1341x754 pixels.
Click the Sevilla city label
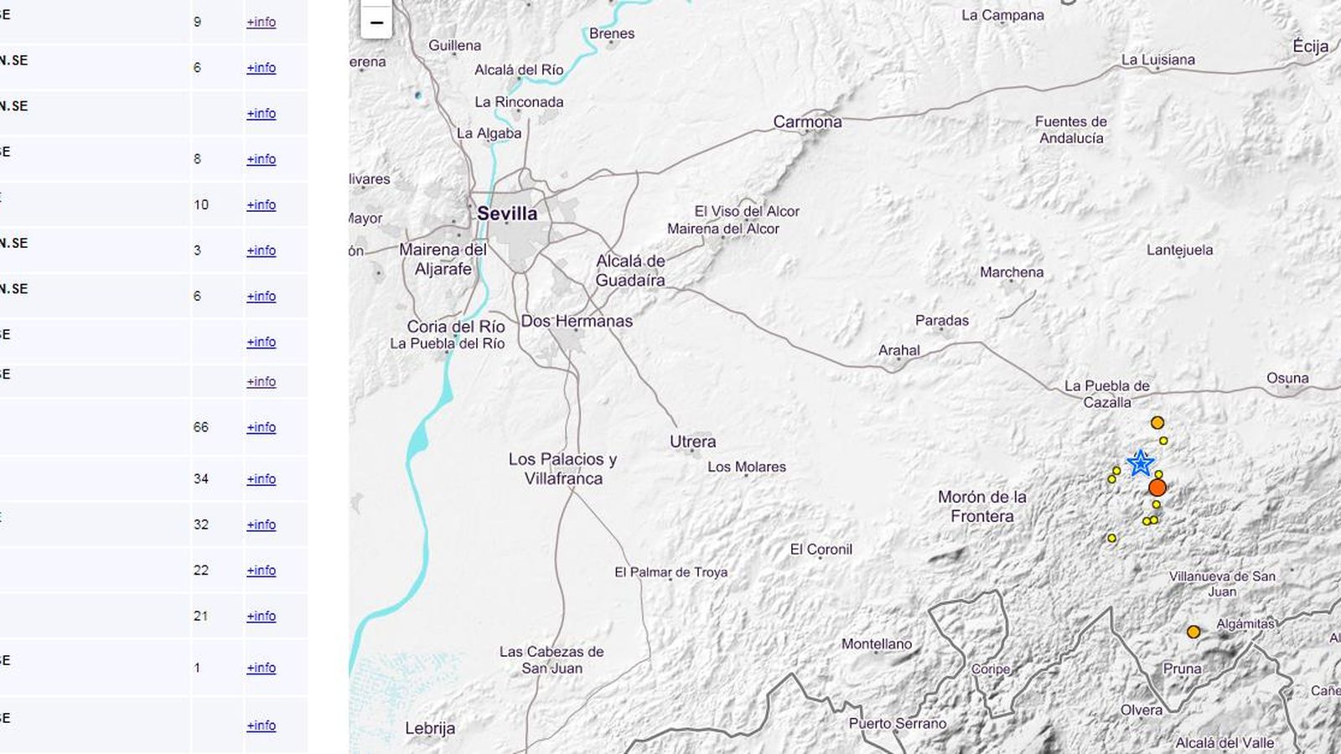pyautogui.click(x=507, y=214)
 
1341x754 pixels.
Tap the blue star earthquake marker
pyautogui.click(x=1140, y=462)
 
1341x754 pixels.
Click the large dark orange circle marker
pyautogui.click(x=1157, y=488)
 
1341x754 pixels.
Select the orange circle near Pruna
pyautogui.click(x=1193, y=632)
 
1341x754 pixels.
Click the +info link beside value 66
pyautogui.click(x=261, y=427)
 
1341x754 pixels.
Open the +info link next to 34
pyautogui.click(x=261, y=479)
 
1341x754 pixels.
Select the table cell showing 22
pyautogui.click(x=200, y=571)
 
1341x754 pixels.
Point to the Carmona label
pyautogui.click(x=807, y=122)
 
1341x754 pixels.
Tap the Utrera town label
pyautogui.click(x=692, y=442)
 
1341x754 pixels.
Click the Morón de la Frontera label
pyautogui.click(x=981, y=506)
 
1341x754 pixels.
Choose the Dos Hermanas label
pyautogui.click(x=577, y=321)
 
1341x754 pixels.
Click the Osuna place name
pyautogui.click(x=1287, y=379)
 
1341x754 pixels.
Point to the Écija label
pyautogui.click(x=1310, y=47)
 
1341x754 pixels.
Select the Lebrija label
pyautogui.click(x=430, y=728)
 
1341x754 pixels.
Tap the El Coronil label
pyautogui.click(x=821, y=550)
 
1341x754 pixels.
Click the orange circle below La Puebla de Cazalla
pyautogui.click(x=1157, y=423)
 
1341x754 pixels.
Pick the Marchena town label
pyautogui.click(x=1012, y=272)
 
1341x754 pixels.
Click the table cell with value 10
pyautogui.click(x=200, y=205)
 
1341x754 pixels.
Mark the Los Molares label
pyautogui.click(x=746, y=467)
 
